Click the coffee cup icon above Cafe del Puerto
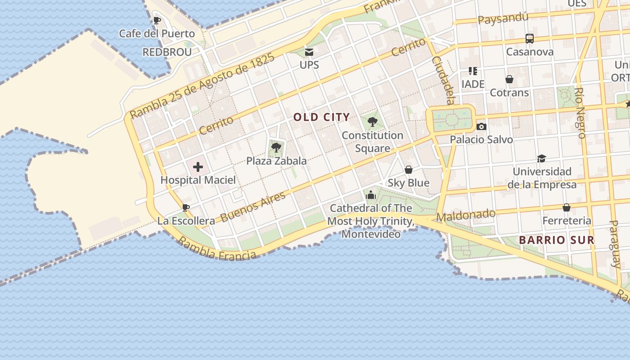pos(157,20)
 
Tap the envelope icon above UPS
pos(309,52)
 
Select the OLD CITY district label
pos(321,117)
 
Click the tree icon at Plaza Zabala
pos(276,147)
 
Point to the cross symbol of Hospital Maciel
pos(198,168)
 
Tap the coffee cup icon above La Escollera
pos(186,207)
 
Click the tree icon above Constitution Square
pos(372,121)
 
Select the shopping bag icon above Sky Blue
pos(409,170)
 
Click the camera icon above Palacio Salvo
pos(481,126)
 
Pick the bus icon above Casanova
pos(530,39)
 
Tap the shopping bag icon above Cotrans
pos(509,79)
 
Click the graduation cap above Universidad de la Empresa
pos(541,158)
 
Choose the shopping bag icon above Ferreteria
pos(567,207)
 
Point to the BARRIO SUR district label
pos(557,240)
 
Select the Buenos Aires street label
pos(253,207)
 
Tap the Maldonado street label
pos(466,216)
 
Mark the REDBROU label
pos(167,52)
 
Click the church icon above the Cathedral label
pos(371,194)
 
